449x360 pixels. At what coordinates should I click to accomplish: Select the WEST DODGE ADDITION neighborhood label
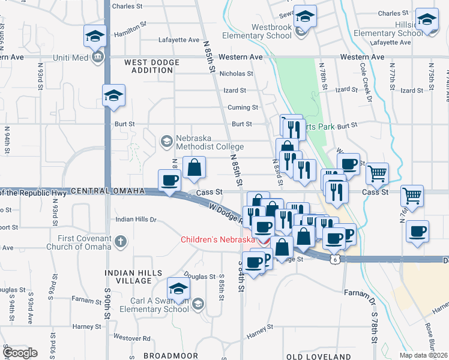(148, 66)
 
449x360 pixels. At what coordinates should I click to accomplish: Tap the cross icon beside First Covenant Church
(121, 242)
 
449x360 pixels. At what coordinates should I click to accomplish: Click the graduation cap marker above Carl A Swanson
(178, 289)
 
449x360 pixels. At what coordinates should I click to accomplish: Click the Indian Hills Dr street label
(136, 220)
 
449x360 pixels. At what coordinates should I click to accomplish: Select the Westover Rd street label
(130, 338)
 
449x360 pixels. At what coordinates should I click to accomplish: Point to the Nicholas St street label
(237, 74)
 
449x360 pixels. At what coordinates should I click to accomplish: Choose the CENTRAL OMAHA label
(108, 191)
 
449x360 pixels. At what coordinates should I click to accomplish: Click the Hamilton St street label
(131, 28)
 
